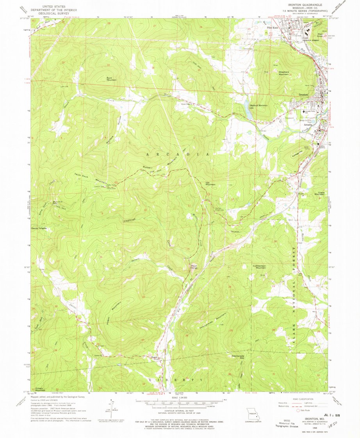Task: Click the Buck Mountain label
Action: (110, 78)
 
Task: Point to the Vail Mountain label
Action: (210, 183)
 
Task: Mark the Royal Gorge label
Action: (194, 267)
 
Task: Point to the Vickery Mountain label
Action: (38, 389)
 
